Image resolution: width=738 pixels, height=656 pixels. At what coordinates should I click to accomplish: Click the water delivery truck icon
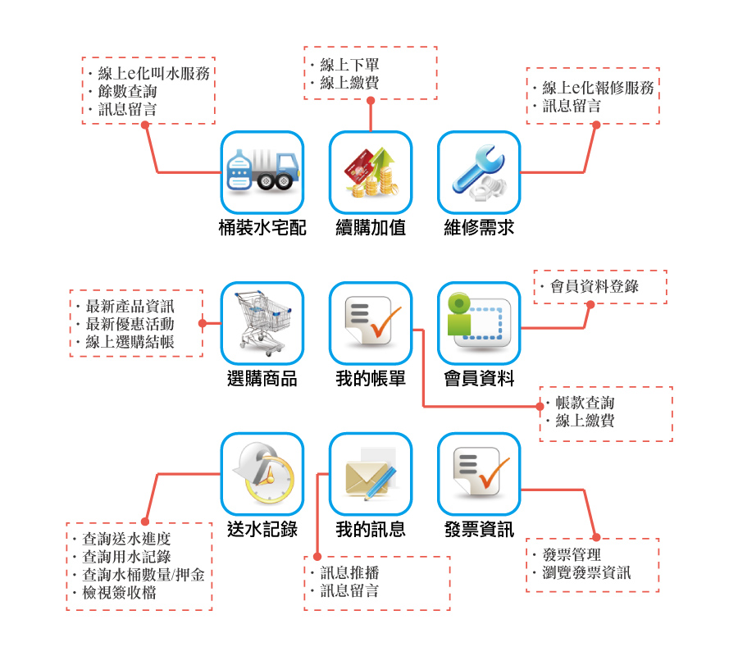[x=262, y=171]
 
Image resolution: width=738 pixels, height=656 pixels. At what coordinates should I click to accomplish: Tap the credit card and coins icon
[x=370, y=171]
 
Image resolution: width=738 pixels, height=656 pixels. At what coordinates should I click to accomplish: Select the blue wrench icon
[x=479, y=171]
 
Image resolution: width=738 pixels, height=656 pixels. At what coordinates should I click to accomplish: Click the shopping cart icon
[x=262, y=322]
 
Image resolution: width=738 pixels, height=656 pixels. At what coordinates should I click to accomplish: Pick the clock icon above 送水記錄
[x=262, y=473]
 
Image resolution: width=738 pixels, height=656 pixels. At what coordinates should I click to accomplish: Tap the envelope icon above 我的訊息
[x=370, y=473]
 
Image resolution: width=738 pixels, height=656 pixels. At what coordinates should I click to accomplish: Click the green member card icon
[x=479, y=322]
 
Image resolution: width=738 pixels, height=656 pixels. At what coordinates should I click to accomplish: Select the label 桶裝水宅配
[x=262, y=228]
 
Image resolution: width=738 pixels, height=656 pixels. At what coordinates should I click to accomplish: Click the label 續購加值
[x=371, y=228]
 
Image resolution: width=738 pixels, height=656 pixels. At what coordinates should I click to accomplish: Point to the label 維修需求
[x=479, y=228]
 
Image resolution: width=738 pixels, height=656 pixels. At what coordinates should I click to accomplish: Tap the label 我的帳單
[x=371, y=379]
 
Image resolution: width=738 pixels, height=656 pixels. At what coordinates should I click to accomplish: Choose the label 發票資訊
[x=479, y=530]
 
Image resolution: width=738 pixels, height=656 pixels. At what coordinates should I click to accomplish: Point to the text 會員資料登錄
[x=594, y=286]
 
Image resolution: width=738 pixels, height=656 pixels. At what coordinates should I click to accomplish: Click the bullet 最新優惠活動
[x=130, y=324]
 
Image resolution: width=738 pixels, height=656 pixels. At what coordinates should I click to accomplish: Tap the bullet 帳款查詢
[x=585, y=403]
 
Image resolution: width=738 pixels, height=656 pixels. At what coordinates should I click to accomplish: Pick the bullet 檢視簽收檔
[x=120, y=593]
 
